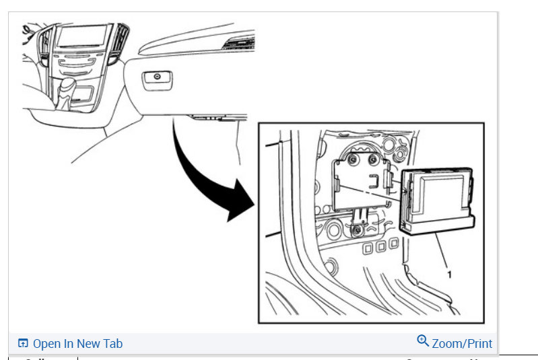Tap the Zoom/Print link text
point(462,343)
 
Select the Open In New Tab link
point(77,343)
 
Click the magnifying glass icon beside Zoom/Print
point(423,341)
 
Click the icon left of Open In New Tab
point(23,343)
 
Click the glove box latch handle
point(156,78)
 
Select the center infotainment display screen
point(81,37)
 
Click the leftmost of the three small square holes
point(368,248)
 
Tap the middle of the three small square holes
point(380,248)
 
